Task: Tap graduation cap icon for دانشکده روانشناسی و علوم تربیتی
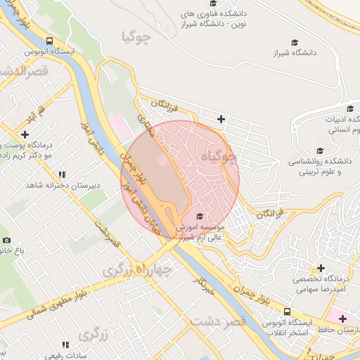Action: (321, 150)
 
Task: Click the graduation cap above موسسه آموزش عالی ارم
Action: (200, 216)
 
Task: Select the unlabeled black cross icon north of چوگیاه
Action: (221, 119)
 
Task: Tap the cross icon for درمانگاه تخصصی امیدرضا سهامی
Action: (321, 267)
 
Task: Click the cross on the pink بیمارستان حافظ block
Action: (342, 319)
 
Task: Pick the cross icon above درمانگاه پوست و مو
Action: (25, 134)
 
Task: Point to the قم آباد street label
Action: (37, 116)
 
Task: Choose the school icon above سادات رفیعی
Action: (65, 345)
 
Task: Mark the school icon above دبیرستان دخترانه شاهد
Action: (62, 174)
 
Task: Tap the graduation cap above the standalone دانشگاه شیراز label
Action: (295, 42)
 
